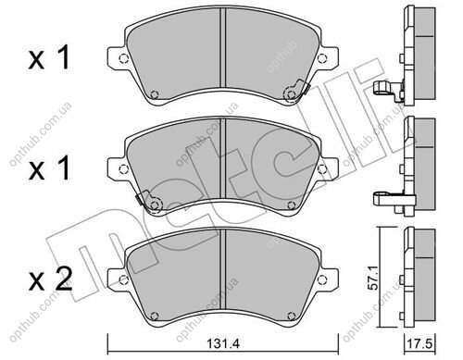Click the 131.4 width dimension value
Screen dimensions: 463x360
pos(223,343)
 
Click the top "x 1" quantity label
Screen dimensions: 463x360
pos(49,58)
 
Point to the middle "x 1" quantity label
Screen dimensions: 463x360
pos(49,169)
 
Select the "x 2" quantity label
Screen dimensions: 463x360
pos(51,280)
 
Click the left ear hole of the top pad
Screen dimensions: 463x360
pos(123,58)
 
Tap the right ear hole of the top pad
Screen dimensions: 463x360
pos(321,58)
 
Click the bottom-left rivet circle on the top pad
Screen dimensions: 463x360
pos(155,94)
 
